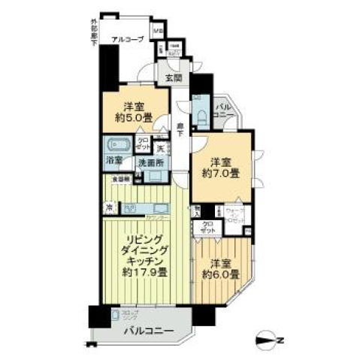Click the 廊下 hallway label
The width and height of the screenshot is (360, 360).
coord(181,130)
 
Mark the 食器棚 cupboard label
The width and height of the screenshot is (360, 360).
coord(121,180)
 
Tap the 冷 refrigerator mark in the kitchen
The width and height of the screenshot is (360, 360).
coord(110,207)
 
